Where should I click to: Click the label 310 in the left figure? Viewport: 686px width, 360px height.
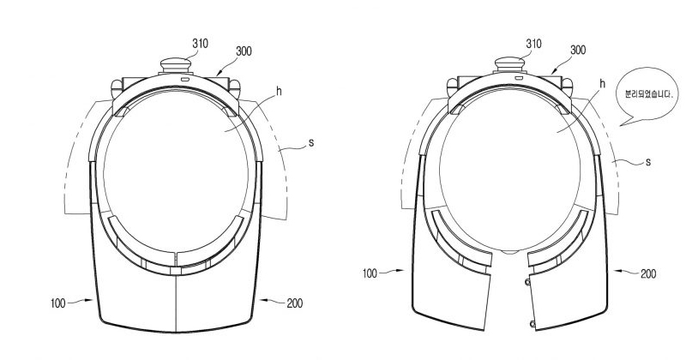(200, 44)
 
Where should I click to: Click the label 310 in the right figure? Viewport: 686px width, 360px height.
(533, 44)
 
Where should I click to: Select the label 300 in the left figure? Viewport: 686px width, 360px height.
(244, 51)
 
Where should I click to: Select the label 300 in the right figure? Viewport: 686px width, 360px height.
(577, 50)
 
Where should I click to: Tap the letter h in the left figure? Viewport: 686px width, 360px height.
(279, 92)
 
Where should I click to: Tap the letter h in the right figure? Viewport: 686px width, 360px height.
(603, 83)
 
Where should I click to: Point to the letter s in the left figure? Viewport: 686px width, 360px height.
(311, 142)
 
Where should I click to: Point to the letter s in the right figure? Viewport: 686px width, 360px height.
(648, 162)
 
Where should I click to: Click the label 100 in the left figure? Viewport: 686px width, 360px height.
(57, 303)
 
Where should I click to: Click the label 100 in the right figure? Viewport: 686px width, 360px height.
(370, 273)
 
